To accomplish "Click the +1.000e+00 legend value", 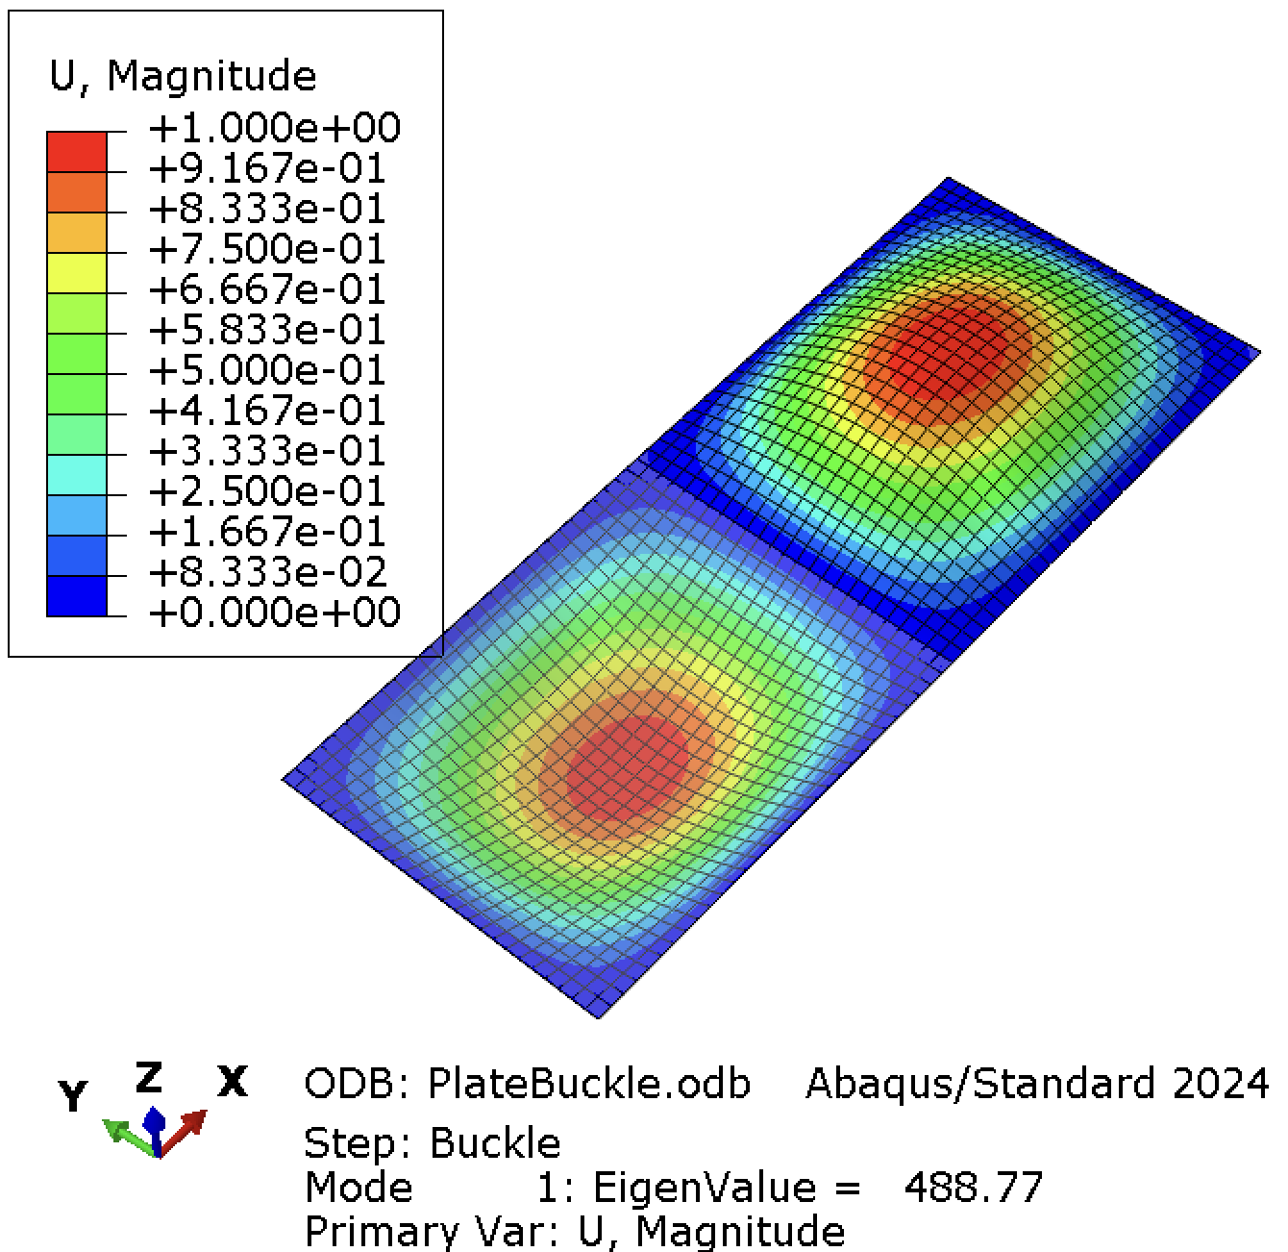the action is pos(275,128).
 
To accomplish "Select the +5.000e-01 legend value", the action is pos(267,370).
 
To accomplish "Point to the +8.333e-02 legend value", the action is pos(267,572).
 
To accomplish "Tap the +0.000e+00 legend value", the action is pos(275,613).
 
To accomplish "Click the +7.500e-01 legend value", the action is pos(267,249).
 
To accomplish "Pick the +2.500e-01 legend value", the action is pos(267,491).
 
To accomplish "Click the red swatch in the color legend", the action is pos(77,152).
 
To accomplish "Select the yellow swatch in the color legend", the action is pos(77,273).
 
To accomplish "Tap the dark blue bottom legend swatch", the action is pos(77,596).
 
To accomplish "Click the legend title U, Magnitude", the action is pos(183,77).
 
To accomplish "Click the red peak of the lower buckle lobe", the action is pos(626,769).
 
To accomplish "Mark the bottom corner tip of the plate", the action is pos(598,1017).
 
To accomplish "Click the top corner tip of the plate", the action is pos(949,178).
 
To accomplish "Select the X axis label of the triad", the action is pos(233,1082).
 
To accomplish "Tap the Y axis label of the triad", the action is pos(72,1095).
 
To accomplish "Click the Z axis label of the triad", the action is pos(149,1077).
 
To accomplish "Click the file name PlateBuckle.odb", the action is pos(590,1084).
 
